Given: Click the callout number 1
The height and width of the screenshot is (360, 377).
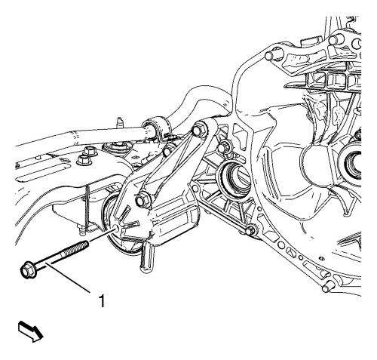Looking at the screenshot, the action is pos(102,301).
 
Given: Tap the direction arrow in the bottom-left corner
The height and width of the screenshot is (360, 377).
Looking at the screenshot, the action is pos(31,332).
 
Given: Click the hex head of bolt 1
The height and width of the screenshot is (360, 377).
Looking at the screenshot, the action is pos(26,271).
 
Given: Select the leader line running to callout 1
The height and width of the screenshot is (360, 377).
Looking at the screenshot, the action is pos(69,278).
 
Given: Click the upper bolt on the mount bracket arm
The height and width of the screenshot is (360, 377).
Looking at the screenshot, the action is pos(200,130).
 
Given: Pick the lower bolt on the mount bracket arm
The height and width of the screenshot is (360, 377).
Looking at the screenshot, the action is pos(143,200).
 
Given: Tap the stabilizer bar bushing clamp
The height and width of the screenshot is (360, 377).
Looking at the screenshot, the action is pos(157,130).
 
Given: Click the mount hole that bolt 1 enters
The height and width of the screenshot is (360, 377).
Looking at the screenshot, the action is pos(116,229).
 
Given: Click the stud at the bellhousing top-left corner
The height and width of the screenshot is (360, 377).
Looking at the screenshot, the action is pos(273,54).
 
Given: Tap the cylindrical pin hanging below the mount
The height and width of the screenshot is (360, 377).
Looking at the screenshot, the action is pos(147,259).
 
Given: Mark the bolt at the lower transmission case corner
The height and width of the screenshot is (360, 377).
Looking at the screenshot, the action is pos(250,230).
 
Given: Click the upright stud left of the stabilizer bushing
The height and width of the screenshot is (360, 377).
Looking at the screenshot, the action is pos(120,123).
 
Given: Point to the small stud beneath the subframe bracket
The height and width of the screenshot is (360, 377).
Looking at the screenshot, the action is pos(81,231).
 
